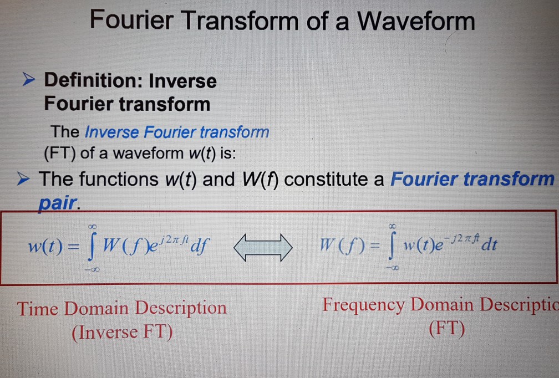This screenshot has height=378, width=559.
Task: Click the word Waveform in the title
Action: pos(416,22)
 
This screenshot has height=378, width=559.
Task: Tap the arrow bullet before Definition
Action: pos(29,81)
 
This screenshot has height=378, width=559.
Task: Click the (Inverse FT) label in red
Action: pos(122,331)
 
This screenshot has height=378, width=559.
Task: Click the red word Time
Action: pos(39,308)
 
